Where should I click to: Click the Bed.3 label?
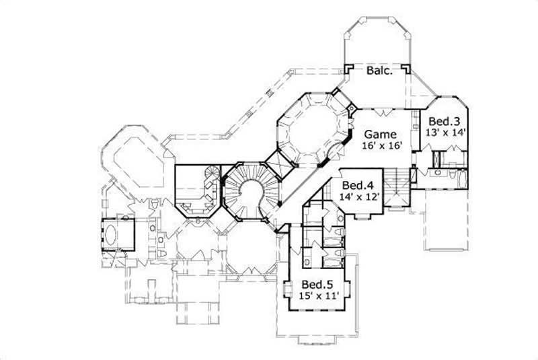444,121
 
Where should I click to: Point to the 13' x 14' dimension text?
444,133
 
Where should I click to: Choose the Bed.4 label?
358,185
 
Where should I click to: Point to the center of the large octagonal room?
312,129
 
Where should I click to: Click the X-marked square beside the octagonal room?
277,164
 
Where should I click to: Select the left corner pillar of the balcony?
348,69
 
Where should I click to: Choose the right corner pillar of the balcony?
407,69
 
